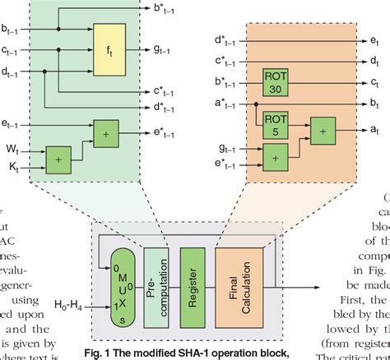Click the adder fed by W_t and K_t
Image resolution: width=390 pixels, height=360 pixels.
58,160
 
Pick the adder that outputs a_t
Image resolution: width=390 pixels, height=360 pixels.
323,130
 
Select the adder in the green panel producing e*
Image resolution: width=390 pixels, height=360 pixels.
106,130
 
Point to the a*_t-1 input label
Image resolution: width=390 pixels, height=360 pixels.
225,104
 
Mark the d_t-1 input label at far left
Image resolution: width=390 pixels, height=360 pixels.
13,71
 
